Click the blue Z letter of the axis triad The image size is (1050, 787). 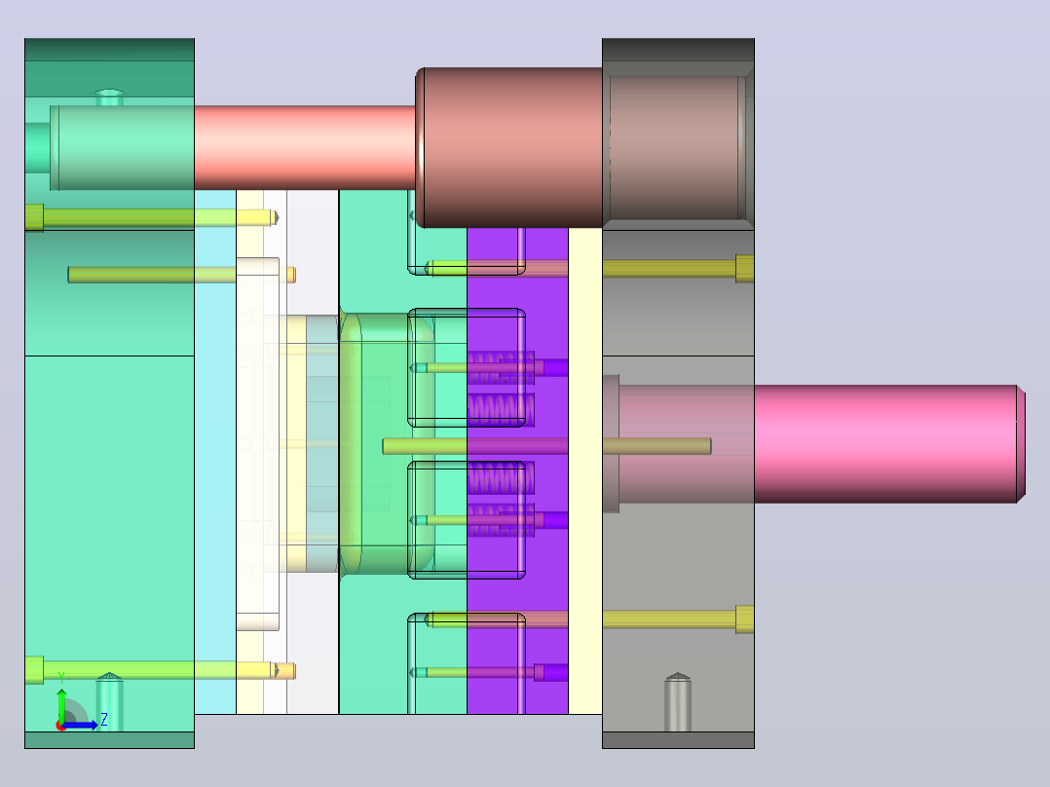tap(104, 720)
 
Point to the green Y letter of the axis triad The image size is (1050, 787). tap(61, 677)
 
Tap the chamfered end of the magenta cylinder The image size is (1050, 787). tap(1021, 444)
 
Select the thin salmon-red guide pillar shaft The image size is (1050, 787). tap(305, 147)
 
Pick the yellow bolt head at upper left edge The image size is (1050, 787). tap(34, 217)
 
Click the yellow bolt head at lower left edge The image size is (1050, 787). tap(34, 670)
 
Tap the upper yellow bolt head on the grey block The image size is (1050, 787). tap(744, 269)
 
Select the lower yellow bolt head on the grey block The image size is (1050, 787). tap(744, 618)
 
